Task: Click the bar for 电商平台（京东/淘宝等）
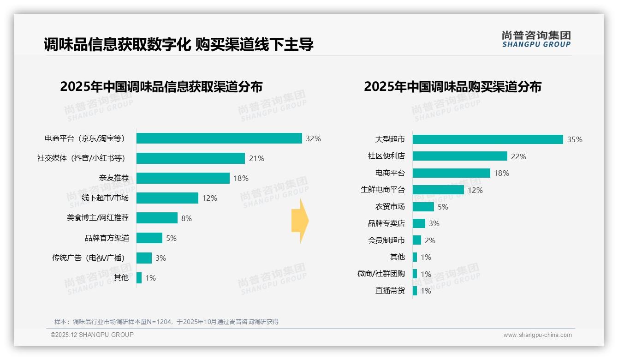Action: coord(219,138)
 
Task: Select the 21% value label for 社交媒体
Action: coord(256,158)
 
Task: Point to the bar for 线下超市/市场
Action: coord(167,198)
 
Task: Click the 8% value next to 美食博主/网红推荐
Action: coord(186,218)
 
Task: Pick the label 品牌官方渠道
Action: coord(107,238)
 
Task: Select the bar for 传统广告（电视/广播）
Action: coord(144,258)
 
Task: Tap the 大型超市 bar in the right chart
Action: coord(487,139)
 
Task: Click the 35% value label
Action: coord(575,139)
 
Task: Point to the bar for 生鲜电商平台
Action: coord(438,190)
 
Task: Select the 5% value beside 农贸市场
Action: coord(443,207)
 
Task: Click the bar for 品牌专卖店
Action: coord(419,223)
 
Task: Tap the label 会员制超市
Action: coord(386,240)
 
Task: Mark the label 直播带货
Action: coord(390,291)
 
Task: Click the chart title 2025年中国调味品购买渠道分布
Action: coord(452,87)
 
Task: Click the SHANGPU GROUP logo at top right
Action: coord(536,39)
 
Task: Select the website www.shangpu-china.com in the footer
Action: coord(537,335)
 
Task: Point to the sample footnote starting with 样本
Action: coord(166,322)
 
